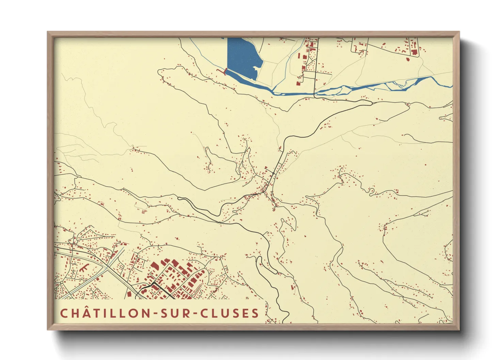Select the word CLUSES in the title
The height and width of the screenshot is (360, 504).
(x=229, y=313)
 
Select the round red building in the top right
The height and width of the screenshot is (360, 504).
(x=408, y=60)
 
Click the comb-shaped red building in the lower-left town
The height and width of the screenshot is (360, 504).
(x=84, y=267)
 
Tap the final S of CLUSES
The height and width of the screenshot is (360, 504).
(x=255, y=313)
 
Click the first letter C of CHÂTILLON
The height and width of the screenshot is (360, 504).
(x=64, y=313)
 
